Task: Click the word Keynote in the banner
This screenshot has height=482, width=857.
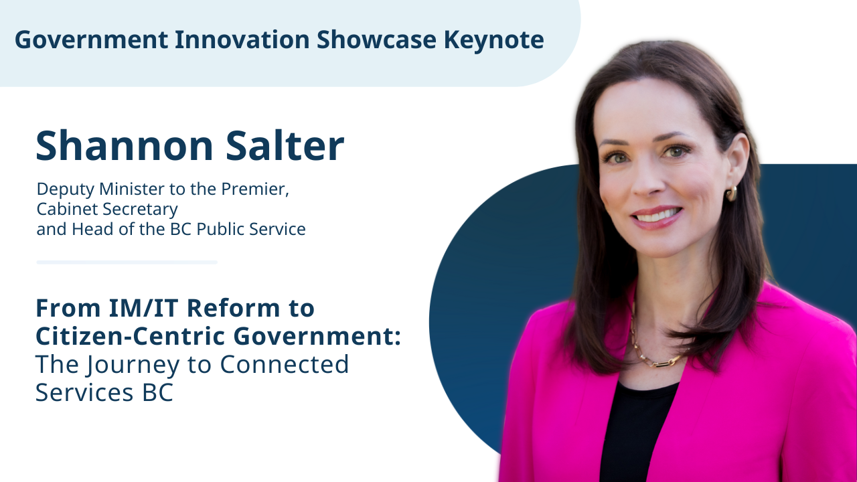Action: pyautogui.click(x=493, y=40)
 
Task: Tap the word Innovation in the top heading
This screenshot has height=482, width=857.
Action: pyautogui.click(x=242, y=39)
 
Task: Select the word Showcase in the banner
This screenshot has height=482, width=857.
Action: pyautogui.click(x=376, y=39)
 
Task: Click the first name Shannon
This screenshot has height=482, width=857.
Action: pyautogui.click(x=125, y=146)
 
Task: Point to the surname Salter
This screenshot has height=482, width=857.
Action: pyautogui.click(x=285, y=146)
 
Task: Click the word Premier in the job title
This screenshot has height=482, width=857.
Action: pyautogui.click(x=255, y=189)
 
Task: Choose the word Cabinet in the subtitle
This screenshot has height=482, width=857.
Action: pyautogui.click(x=66, y=209)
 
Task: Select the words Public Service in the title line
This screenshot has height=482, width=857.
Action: pyautogui.click(x=251, y=229)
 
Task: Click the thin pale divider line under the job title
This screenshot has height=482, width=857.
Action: pyautogui.click(x=127, y=262)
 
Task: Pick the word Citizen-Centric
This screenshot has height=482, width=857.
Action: pyautogui.click(x=130, y=336)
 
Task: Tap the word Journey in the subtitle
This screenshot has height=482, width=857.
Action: pyautogui.click(x=132, y=365)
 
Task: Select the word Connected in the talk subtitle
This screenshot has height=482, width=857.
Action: pyautogui.click(x=285, y=364)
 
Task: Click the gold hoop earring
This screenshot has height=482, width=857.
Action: pyautogui.click(x=731, y=193)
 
